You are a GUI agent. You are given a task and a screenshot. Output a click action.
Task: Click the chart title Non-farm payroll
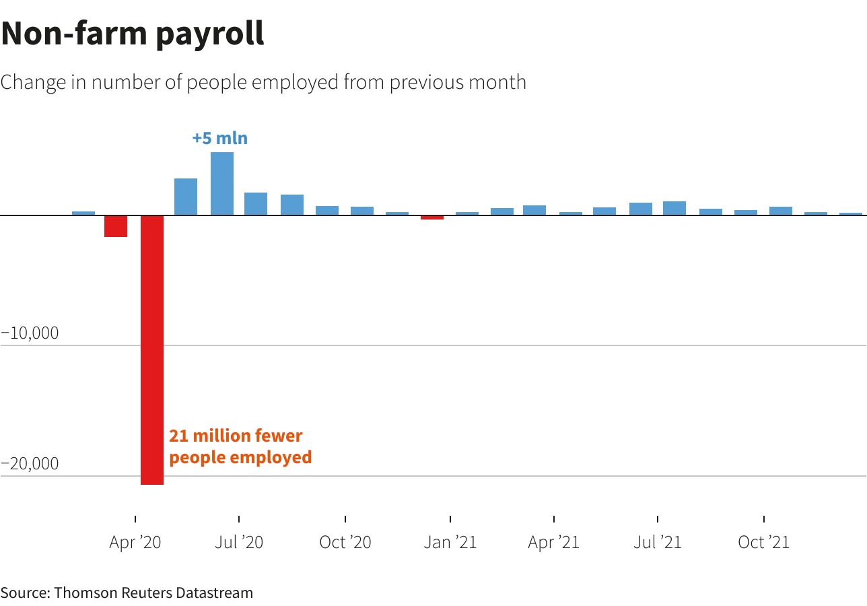[x=133, y=34]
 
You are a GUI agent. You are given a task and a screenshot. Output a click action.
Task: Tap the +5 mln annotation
[x=220, y=139]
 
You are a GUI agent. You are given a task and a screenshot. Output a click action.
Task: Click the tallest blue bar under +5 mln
[x=222, y=184]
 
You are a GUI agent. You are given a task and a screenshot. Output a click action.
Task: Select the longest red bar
[x=152, y=349]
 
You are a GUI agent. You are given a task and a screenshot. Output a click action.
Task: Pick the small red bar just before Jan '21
[x=432, y=217]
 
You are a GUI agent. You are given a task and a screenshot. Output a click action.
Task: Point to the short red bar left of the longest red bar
[x=116, y=226]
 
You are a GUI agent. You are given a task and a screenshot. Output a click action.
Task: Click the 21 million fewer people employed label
[x=240, y=446]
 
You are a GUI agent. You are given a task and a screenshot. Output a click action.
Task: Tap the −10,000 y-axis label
[x=30, y=333]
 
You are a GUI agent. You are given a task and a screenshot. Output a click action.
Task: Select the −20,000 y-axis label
[x=30, y=464]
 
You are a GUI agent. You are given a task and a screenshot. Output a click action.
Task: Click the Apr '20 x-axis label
[x=135, y=542]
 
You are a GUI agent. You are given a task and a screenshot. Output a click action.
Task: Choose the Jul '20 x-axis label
[x=239, y=542]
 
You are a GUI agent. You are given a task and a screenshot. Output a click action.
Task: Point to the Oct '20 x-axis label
[x=345, y=542]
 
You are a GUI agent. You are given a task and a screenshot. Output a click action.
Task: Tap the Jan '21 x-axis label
[x=450, y=542]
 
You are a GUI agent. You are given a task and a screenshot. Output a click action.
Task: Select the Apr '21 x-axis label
[x=554, y=542]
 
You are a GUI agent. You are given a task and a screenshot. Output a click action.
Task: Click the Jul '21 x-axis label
[x=658, y=542]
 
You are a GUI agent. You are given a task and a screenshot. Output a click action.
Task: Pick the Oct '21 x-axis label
[x=763, y=542]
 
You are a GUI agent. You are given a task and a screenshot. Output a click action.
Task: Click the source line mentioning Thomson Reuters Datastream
[x=127, y=593]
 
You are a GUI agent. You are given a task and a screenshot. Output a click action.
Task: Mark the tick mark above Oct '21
[x=764, y=518]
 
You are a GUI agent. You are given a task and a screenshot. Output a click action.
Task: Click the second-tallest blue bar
[x=186, y=197]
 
